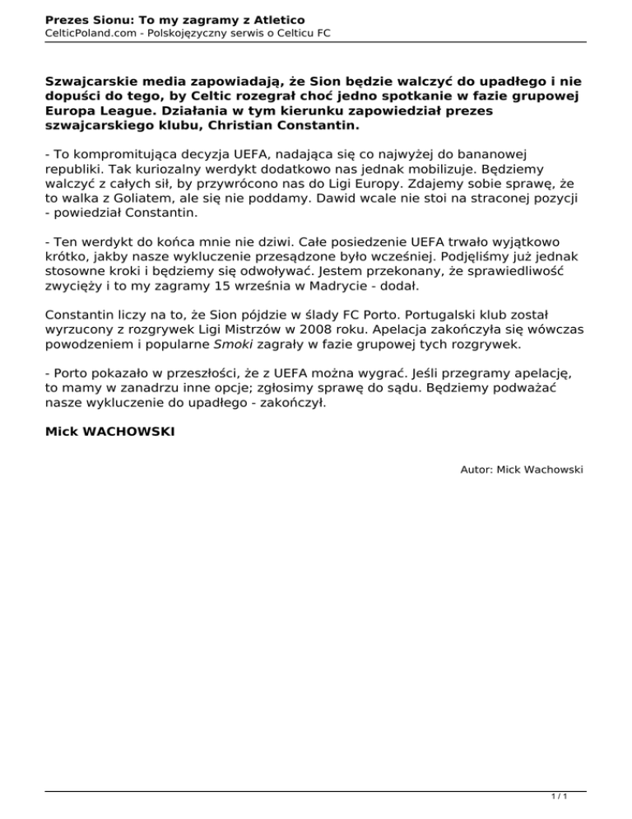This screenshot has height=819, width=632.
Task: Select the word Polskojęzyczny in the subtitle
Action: [x=197, y=32]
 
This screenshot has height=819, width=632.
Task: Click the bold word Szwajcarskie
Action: [x=92, y=82]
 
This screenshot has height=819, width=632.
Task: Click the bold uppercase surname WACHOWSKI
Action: [x=128, y=430]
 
